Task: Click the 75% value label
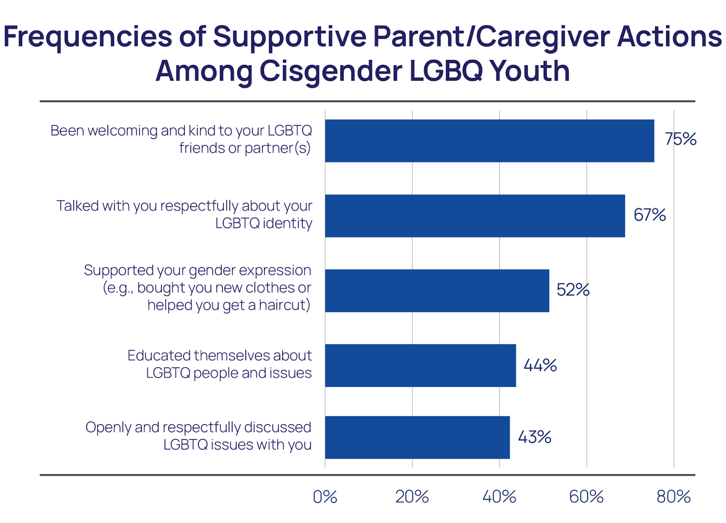point(680,139)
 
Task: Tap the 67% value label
point(649,215)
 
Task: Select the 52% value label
point(573,290)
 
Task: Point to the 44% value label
point(540,365)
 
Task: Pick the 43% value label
point(535,437)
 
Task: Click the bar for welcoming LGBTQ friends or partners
point(489,141)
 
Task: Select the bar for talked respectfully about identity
point(475,216)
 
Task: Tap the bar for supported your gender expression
point(437,291)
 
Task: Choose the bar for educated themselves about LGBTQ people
point(420,366)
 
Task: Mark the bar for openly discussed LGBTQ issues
point(417,437)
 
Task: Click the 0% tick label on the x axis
point(325,497)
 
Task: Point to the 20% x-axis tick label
point(412,497)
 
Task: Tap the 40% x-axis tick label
point(499,497)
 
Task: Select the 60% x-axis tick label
point(586,497)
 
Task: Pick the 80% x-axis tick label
point(673,497)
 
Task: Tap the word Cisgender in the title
point(330,72)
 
